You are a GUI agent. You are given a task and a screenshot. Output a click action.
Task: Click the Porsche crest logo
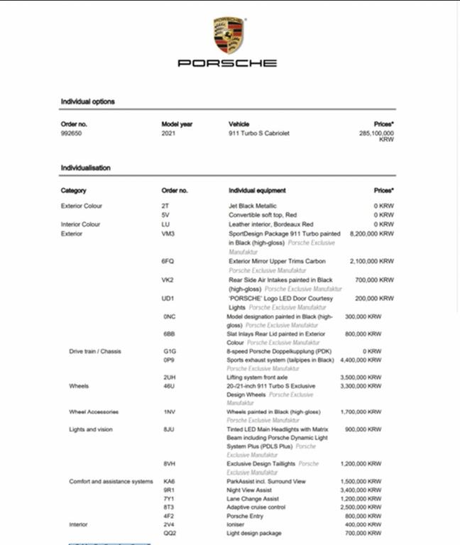(229, 35)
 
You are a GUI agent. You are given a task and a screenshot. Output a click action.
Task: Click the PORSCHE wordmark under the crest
(227, 63)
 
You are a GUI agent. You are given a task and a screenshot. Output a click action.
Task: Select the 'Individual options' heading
(87, 101)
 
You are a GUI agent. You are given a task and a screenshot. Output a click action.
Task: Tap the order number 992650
(72, 133)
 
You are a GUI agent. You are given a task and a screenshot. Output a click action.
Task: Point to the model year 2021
(169, 133)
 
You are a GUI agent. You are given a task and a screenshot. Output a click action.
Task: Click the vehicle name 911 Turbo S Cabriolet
(258, 133)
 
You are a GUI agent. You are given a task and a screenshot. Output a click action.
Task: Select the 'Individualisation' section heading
(85, 168)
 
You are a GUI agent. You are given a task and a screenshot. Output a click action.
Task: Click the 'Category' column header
(74, 190)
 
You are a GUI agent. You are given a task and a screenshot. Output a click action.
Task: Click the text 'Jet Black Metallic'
(252, 206)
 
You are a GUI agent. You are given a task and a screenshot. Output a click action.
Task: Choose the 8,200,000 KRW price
(372, 233)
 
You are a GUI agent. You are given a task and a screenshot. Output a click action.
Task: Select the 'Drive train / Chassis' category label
(94, 351)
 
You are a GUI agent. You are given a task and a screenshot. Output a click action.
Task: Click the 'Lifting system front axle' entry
(257, 378)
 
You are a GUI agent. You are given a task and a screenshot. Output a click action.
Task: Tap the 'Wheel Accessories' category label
(94, 412)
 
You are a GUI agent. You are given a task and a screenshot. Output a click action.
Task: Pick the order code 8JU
(168, 429)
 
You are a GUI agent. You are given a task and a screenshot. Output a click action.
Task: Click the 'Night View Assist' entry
(249, 490)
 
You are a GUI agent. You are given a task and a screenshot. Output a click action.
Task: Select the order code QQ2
(170, 533)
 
